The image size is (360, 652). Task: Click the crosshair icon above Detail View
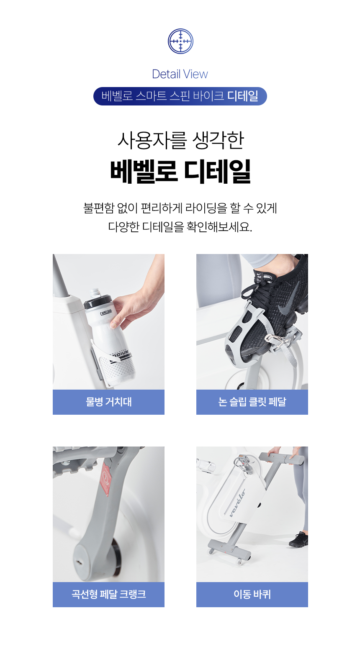180,41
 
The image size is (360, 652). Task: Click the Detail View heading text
180,74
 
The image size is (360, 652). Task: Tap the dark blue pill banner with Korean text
180,96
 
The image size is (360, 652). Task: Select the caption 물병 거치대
109,402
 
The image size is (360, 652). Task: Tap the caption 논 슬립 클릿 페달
252,402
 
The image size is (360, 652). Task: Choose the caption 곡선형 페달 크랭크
109,594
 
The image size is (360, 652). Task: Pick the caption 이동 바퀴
252,594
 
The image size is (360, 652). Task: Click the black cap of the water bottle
98,301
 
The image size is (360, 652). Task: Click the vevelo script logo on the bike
237,503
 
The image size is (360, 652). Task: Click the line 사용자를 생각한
180,141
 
